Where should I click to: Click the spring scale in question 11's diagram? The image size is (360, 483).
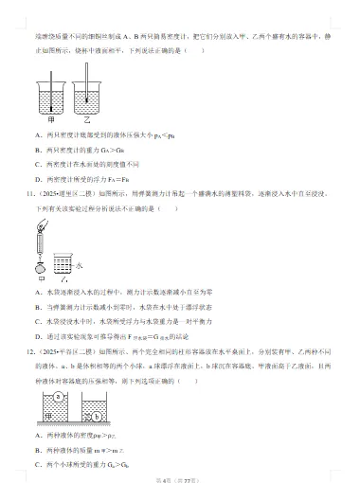point(41,241)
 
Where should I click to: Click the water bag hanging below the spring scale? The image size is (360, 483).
point(40,266)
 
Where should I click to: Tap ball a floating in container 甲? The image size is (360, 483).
point(59,396)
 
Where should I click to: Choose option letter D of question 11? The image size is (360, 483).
point(38,334)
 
